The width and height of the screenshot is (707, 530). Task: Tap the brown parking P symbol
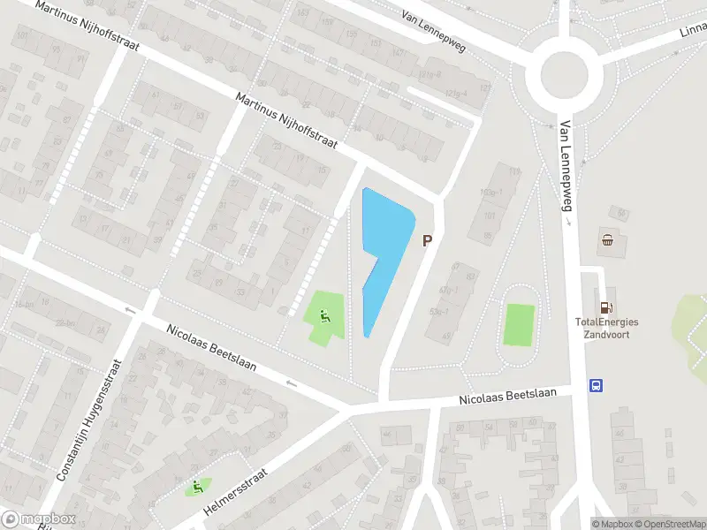[428, 240]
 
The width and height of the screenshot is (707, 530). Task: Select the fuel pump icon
[606, 307]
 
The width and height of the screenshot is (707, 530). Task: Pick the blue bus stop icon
[597, 385]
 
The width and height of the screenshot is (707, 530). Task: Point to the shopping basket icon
[608, 239]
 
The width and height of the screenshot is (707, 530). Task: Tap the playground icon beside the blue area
[324, 314]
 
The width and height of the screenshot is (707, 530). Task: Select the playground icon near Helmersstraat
[196, 485]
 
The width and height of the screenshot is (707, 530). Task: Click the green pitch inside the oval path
[519, 324]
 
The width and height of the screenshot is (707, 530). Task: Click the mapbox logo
[38, 519]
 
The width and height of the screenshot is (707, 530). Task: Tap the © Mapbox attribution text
[612, 524]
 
